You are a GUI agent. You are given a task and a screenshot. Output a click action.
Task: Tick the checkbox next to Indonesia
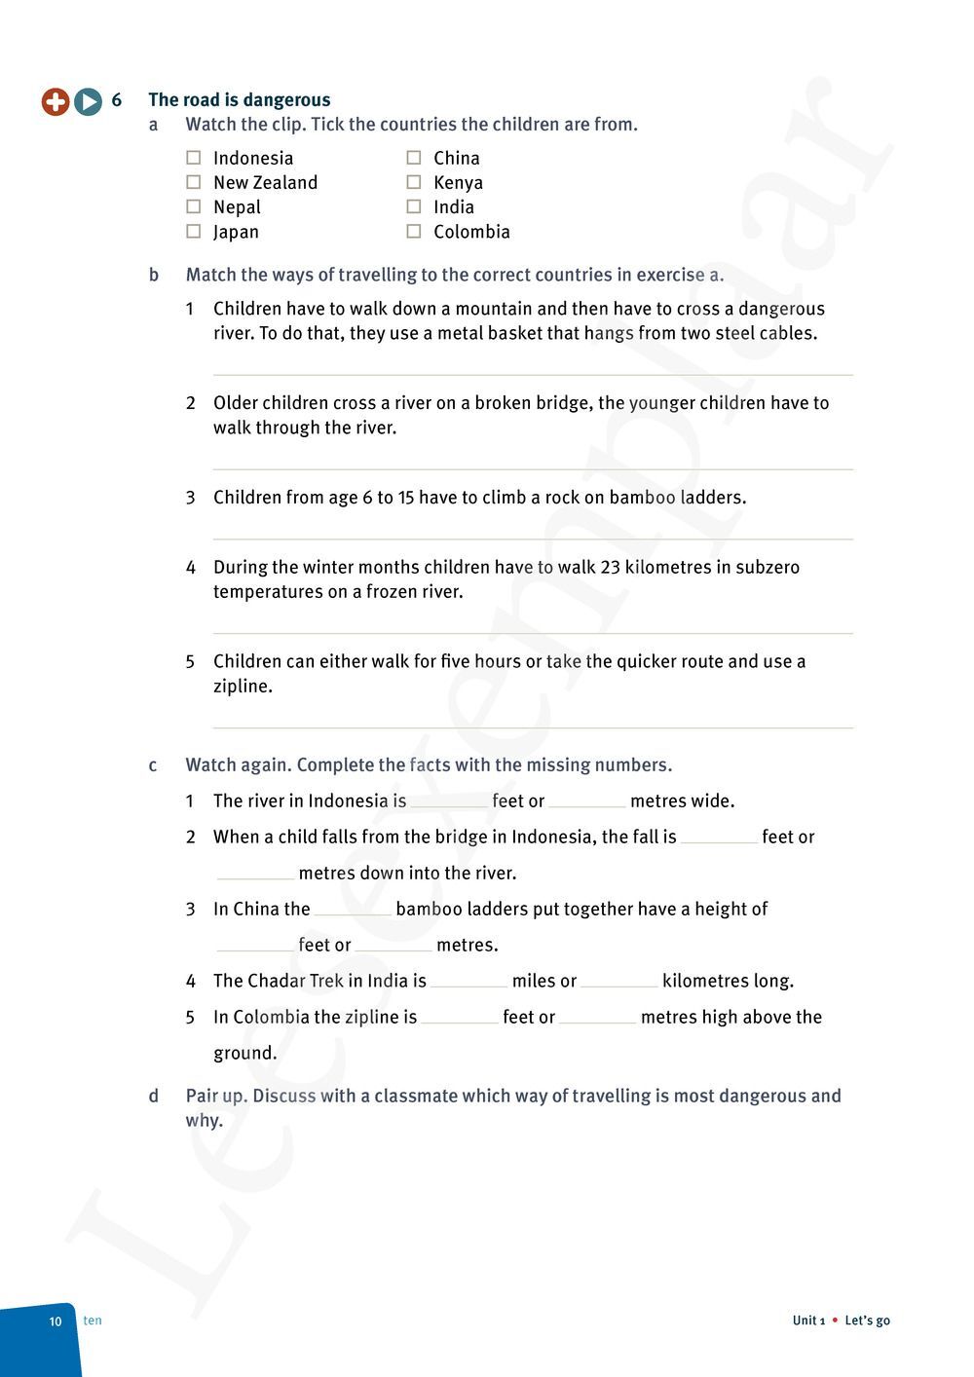[194, 158]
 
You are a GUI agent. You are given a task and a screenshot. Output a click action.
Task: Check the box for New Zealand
[194, 182]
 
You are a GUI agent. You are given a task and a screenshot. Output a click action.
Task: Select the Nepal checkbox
[194, 206]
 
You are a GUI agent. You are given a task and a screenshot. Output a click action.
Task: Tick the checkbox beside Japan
[194, 232]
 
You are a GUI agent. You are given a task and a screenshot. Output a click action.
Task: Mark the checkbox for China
[414, 158]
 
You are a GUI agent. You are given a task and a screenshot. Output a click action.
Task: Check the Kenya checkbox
[414, 182]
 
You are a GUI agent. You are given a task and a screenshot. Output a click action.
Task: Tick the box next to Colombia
[414, 232]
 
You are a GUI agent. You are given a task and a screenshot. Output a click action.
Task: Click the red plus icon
[56, 101]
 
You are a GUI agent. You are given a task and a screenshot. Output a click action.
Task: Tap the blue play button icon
[88, 101]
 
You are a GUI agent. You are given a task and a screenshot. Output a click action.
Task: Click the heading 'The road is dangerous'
[240, 99]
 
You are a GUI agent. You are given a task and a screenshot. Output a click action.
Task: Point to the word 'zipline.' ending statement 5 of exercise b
[243, 686]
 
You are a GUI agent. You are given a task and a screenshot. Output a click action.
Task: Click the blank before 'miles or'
[468, 982]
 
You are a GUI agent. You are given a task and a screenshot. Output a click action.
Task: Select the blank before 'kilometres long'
[618, 982]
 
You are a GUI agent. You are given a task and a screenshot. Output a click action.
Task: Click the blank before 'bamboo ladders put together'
[353, 910]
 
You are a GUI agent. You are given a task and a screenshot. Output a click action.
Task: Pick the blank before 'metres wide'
[587, 801]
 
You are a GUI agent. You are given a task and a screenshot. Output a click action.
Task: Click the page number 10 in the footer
[56, 1321]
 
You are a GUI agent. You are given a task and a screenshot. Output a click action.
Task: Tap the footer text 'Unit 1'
[808, 1321]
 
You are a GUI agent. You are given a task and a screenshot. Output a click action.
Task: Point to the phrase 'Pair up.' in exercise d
[216, 1096]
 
